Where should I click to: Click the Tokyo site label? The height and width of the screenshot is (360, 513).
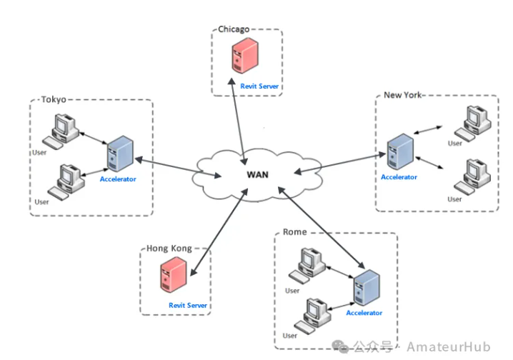click(x=54, y=100)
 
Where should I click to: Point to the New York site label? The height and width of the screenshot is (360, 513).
click(x=402, y=95)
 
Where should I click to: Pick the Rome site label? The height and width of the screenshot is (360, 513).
click(x=295, y=232)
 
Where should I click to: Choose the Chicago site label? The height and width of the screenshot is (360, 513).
click(x=234, y=29)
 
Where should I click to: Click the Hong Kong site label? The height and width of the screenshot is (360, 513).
click(x=169, y=248)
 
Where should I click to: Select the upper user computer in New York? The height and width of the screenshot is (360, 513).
click(x=472, y=121)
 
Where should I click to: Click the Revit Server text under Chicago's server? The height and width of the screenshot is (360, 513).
click(x=259, y=86)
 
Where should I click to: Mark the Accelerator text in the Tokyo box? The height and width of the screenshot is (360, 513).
click(x=118, y=179)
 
